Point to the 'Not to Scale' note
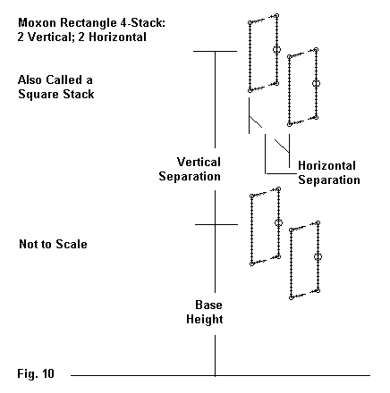(x=53, y=244)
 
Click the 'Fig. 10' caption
(x=36, y=373)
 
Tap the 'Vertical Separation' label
(x=190, y=169)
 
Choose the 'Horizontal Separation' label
(x=329, y=172)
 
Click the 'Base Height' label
(x=205, y=312)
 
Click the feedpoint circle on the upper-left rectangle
(x=276, y=49)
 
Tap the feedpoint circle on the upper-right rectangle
(x=316, y=84)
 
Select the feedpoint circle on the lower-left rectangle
(x=278, y=222)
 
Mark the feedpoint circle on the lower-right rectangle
(x=318, y=256)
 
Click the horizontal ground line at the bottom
(x=220, y=375)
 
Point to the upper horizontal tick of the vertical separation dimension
(x=215, y=51)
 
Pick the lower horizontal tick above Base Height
(x=216, y=224)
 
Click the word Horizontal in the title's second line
(x=117, y=38)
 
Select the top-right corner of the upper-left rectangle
(x=276, y=15)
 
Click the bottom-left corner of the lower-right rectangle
(x=291, y=297)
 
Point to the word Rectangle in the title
(x=87, y=23)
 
